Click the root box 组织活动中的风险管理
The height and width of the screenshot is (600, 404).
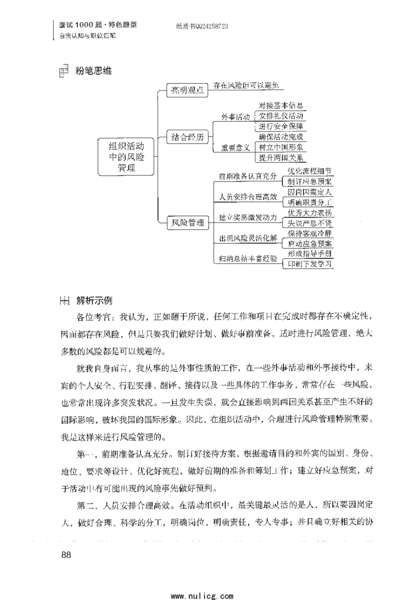[x=127, y=157]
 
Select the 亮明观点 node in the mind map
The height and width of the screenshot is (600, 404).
[x=188, y=90]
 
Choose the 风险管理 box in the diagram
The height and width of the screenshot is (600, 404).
[x=188, y=222]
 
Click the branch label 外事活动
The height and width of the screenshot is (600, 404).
[x=236, y=117]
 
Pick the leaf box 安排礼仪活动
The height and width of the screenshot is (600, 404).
[x=281, y=116]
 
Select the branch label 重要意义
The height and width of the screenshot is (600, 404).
[x=236, y=148]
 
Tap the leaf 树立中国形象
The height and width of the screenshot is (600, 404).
[x=281, y=147]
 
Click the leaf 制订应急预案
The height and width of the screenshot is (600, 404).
[x=310, y=182]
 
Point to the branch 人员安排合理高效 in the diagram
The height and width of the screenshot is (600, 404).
[x=248, y=197]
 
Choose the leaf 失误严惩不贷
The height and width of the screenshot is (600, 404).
[x=310, y=223]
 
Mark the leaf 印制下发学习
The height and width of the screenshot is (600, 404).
[x=310, y=264]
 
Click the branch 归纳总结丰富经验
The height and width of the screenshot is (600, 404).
[x=248, y=259]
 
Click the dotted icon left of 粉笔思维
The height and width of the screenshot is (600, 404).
[x=64, y=72]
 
